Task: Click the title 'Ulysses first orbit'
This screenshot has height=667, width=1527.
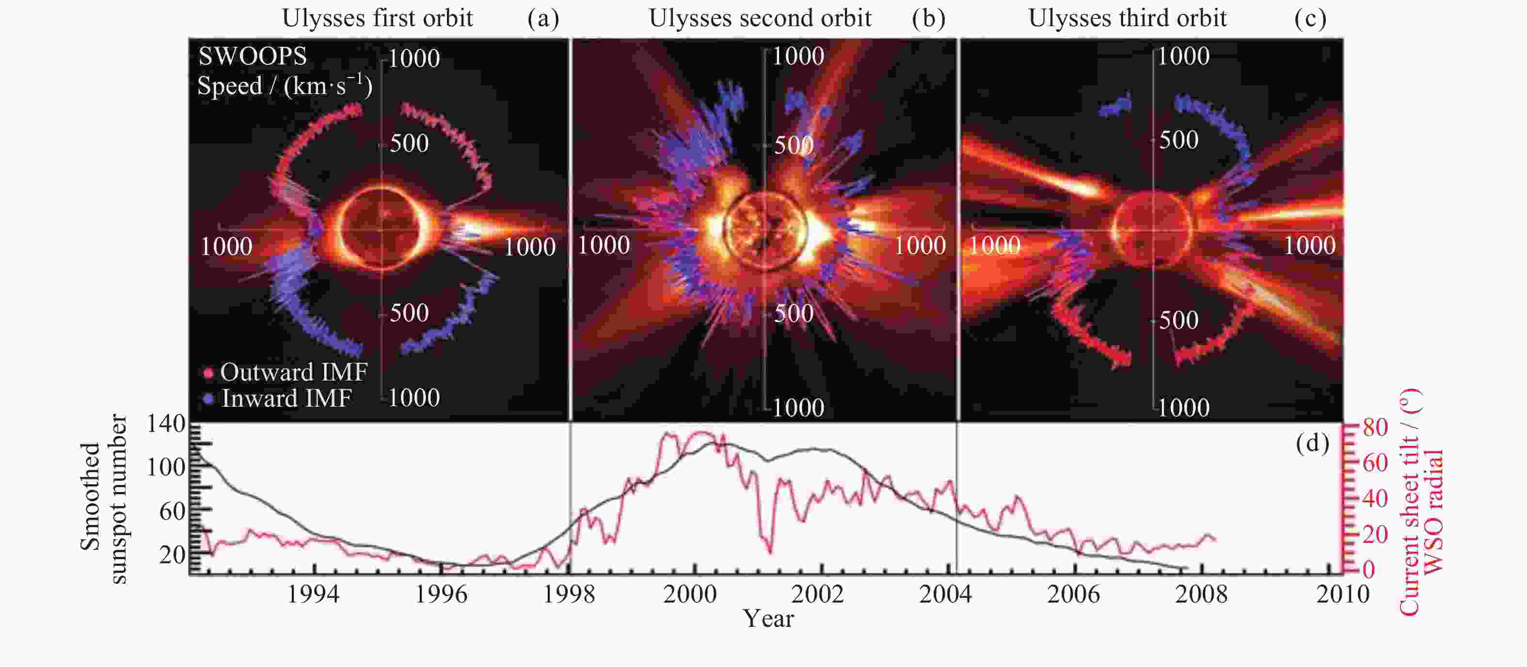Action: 377,19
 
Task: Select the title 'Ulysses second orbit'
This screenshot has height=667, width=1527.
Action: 760,19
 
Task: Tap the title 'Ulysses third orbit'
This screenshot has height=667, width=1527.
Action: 1127,19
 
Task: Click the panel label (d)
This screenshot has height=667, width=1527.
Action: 1312,443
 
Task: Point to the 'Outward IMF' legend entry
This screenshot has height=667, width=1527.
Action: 293,372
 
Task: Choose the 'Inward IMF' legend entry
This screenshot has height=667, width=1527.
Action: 286,398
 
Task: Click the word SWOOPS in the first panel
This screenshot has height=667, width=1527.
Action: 253,57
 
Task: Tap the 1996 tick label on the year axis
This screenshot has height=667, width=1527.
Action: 441,594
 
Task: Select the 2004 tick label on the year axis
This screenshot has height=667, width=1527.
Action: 945,594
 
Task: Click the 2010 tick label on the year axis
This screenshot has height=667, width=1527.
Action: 1343,594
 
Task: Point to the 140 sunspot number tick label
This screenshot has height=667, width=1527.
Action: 166,424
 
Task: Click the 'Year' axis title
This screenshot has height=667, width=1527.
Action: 768,619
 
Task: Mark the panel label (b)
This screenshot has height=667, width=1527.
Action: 928,19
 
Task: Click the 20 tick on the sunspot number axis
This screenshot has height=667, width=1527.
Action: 172,555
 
